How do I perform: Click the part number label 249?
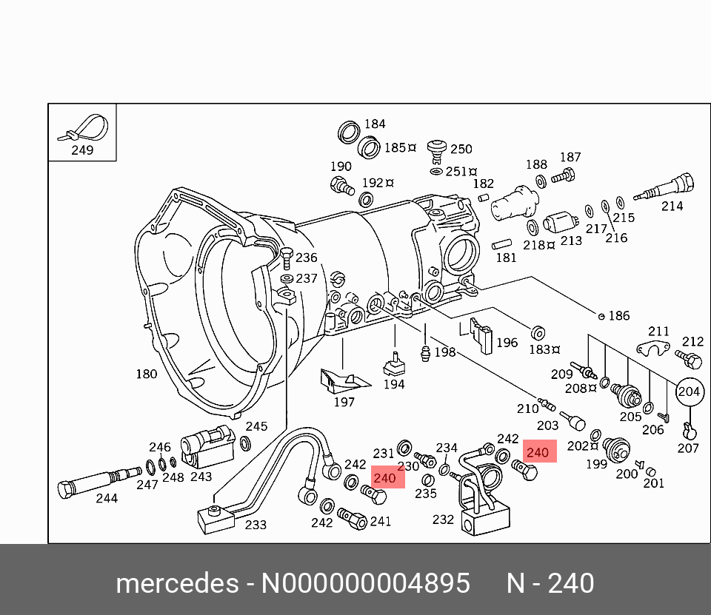tap(82, 150)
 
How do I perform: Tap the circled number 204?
tap(690, 391)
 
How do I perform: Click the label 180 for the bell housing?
tap(146, 374)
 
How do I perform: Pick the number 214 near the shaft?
tap(672, 206)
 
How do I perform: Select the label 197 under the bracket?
tap(344, 403)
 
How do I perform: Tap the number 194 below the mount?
tap(394, 384)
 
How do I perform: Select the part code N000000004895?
tap(366, 584)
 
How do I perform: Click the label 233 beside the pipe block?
tap(256, 525)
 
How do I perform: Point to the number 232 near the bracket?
tap(443, 520)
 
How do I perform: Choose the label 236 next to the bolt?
tap(306, 258)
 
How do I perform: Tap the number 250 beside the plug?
tap(461, 149)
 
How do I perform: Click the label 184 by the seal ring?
tap(375, 124)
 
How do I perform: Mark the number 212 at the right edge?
tap(692, 341)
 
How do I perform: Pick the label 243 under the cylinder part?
tap(201, 477)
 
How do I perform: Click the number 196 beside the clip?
tap(507, 343)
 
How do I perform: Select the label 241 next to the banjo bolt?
tap(380, 521)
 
